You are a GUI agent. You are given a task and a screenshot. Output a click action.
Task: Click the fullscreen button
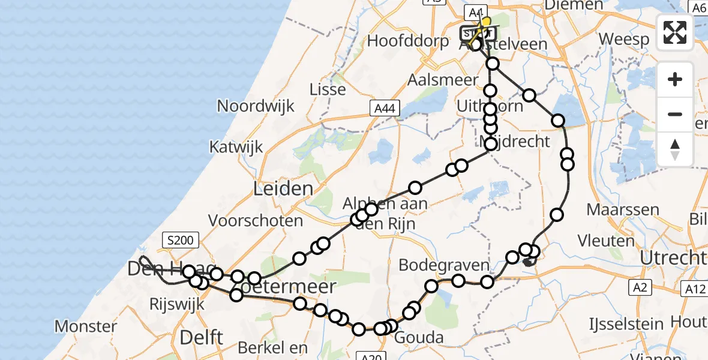tap(675, 32)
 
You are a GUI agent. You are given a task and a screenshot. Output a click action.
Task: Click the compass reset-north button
tap(675, 149)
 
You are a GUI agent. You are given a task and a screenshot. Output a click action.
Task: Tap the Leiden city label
tap(283, 189)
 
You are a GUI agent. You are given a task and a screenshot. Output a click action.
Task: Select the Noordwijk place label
tap(256, 107)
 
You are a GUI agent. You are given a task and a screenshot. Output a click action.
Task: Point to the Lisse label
tap(328, 90)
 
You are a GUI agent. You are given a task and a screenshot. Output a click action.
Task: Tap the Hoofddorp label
tap(408, 41)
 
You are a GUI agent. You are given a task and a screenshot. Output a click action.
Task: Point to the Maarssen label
tap(623, 211)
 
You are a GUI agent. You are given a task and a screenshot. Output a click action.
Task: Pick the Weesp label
tap(624, 40)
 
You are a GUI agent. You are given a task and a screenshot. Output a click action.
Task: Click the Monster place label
tap(86, 327)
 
